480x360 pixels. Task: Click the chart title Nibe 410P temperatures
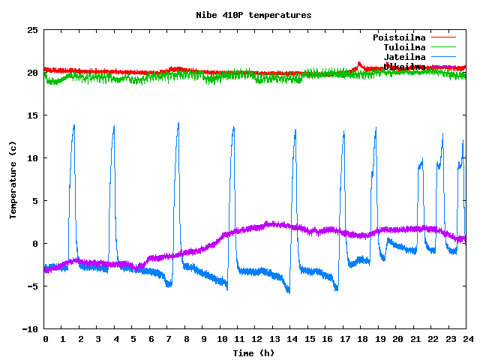(x=253, y=15)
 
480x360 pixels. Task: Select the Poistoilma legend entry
(x=399, y=37)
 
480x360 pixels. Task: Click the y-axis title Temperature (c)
(x=13, y=180)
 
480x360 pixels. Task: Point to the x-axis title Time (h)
(x=253, y=352)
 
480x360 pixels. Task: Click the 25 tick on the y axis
(x=32, y=30)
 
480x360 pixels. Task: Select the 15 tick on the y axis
(x=32, y=115)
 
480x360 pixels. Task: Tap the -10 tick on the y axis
(x=30, y=328)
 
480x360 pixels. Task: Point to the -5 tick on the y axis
(x=32, y=286)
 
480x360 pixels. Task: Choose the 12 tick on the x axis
(x=255, y=339)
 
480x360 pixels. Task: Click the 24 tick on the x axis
(x=466, y=339)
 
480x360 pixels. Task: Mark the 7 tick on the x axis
(x=167, y=339)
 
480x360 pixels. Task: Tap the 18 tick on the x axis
(x=361, y=339)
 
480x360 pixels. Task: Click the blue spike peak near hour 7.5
(x=178, y=123)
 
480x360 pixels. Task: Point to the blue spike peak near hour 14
(x=295, y=130)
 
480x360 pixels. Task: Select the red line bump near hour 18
(x=359, y=64)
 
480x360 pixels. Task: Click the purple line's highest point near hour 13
(x=268, y=223)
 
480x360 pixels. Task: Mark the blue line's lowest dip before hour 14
(x=289, y=292)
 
